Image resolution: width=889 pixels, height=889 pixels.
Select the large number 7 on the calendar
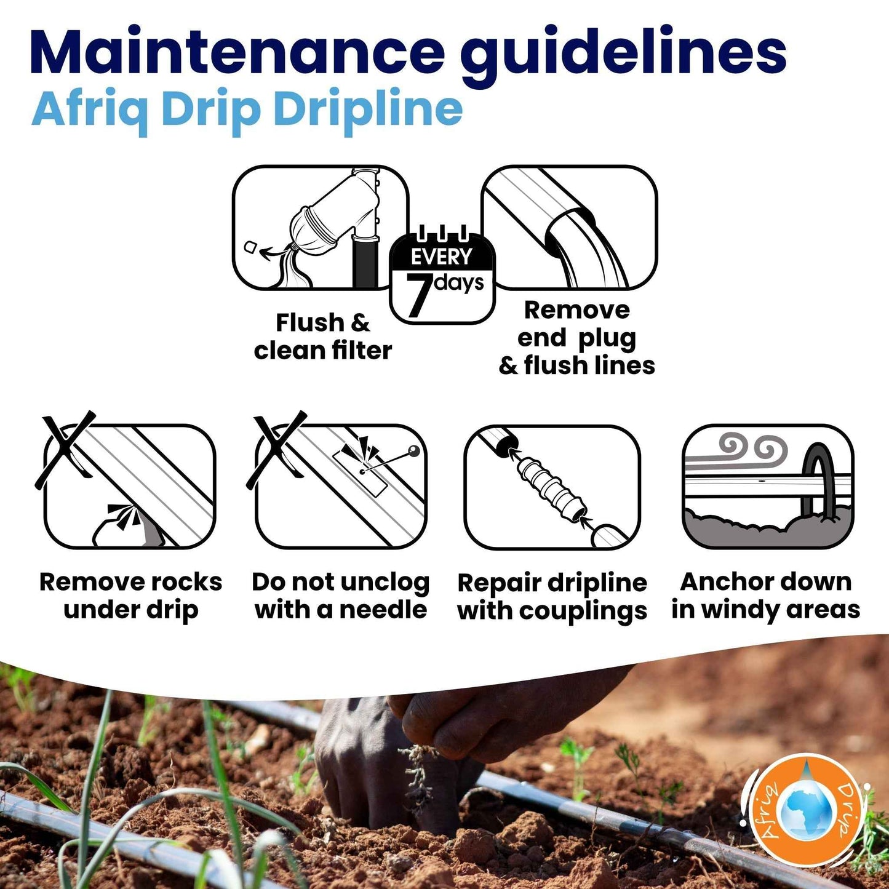click(418, 295)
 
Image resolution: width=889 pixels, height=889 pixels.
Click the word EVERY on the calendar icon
click(442, 257)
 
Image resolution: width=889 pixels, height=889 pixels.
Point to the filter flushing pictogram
click(321, 228)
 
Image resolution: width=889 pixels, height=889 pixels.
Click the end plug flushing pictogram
click(569, 228)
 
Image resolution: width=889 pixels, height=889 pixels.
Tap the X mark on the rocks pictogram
click(65, 450)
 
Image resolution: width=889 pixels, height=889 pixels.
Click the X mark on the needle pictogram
click(277, 450)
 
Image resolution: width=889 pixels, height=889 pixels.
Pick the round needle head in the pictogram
click(413, 450)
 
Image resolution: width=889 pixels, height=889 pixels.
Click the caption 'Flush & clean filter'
click(322, 337)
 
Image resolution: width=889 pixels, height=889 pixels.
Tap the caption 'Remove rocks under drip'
click(130, 596)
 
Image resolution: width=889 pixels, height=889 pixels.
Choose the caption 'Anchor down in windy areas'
click(766, 595)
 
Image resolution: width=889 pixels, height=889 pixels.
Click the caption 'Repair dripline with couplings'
click(552, 597)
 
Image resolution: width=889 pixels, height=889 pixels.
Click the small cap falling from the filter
click(252, 247)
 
